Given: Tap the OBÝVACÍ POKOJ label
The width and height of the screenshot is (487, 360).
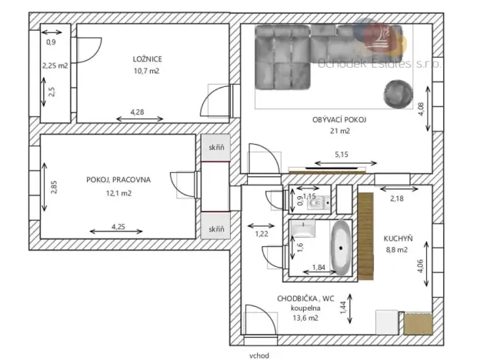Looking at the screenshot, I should click(339, 120).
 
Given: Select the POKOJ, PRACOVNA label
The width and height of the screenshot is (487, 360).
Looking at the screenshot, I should click(119, 179).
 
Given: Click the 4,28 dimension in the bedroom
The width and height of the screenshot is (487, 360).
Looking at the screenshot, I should click(138, 112).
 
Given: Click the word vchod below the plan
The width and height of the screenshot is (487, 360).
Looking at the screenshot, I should click(259, 356).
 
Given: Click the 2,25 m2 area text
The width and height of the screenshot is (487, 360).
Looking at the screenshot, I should click(55, 66).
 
